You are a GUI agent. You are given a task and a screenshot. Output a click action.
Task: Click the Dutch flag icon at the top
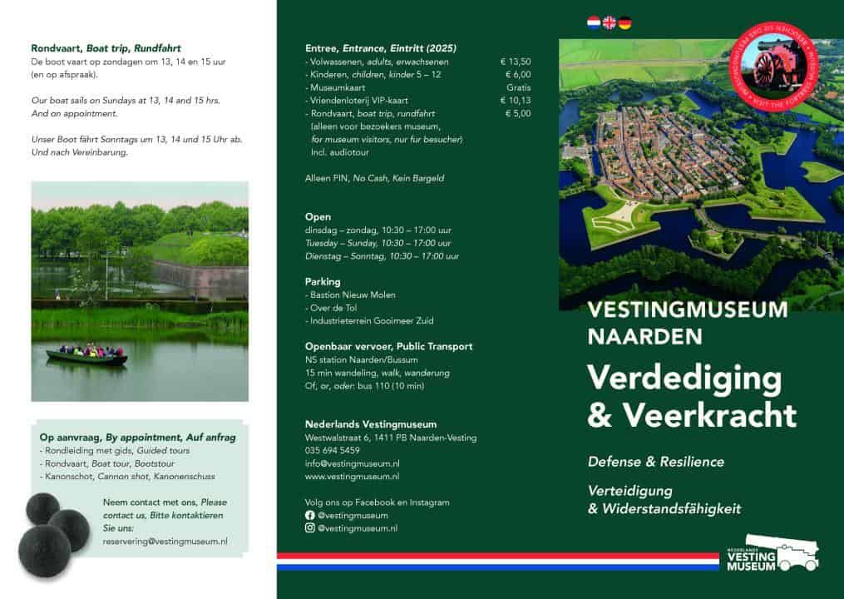tap(594, 22)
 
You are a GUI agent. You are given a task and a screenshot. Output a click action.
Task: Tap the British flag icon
tap(610, 22)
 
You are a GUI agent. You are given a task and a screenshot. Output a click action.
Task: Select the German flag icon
tap(624, 22)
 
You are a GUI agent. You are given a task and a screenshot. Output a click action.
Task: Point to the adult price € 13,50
tap(516, 62)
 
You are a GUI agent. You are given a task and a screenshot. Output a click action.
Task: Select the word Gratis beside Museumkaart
tap(518, 87)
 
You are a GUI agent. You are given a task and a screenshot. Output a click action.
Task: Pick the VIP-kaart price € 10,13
tap(516, 101)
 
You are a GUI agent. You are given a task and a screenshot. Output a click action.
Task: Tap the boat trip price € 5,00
tap(517, 113)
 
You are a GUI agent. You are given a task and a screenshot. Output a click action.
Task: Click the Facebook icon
tap(310, 515)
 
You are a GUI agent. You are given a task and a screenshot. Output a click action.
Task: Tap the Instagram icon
tap(310, 527)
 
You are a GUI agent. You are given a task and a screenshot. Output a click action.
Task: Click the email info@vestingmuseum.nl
tap(353, 463)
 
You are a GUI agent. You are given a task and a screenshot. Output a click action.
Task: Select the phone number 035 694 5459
tap(333, 450)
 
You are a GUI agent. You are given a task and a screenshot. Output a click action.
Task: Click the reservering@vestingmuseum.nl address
tap(165, 542)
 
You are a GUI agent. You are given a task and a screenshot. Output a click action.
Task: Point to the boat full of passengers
tap(86, 355)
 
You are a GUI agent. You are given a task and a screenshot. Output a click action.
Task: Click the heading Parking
tap(323, 282)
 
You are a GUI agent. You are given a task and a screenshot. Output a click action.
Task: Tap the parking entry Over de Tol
tap(336, 308)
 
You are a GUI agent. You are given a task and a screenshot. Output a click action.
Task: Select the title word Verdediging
tap(684, 378)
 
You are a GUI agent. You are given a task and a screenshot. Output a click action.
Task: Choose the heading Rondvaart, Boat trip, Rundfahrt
tap(106, 48)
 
